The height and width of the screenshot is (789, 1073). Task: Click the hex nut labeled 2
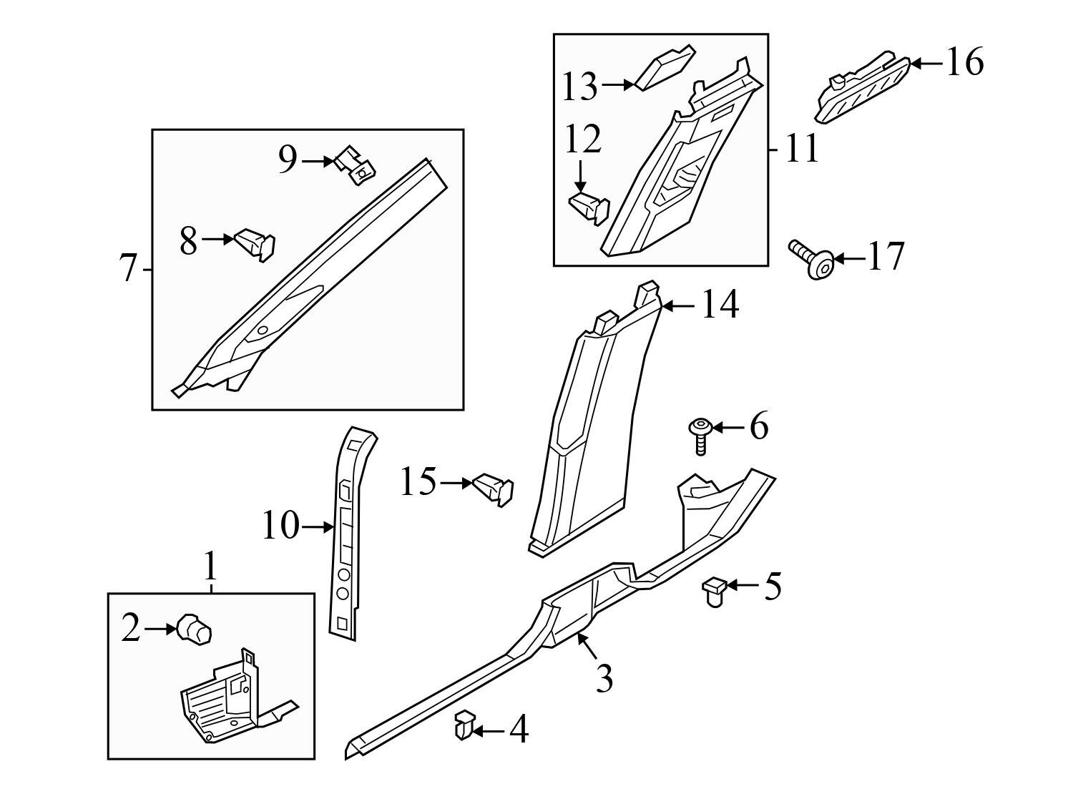click(194, 629)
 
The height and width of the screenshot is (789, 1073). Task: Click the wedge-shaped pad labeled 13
click(664, 69)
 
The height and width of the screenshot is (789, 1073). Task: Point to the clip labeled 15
click(494, 489)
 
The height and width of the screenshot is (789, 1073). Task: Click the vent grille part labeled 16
click(862, 89)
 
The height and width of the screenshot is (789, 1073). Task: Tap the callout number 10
click(280, 527)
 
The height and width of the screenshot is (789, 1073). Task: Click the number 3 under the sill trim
click(604, 678)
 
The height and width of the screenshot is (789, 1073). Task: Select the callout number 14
click(720, 305)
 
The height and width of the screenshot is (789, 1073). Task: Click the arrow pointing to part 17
click(848, 258)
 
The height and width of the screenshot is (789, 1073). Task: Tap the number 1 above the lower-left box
click(210, 568)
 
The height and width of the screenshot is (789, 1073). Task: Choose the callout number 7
click(128, 269)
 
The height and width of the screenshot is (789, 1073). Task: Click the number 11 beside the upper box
click(801, 150)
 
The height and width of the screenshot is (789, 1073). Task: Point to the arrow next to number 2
click(160, 629)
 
